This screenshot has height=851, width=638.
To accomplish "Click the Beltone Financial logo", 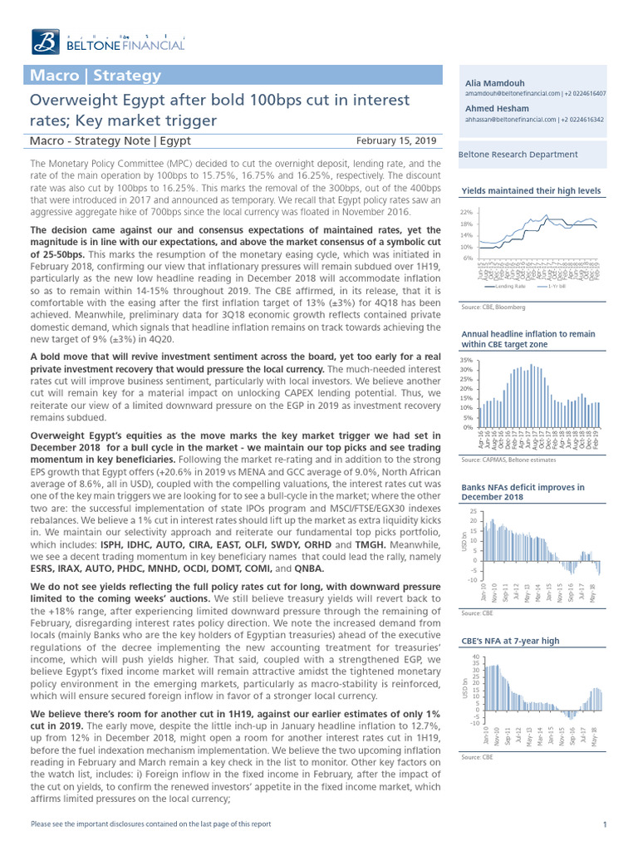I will click(108, 41).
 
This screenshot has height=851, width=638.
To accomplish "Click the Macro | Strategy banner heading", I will click(96, 76).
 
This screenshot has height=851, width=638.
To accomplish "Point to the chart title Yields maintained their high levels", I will click(530, 191).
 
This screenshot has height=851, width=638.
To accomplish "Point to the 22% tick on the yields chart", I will click(466, 213).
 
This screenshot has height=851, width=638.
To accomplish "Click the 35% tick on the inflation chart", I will click(466, 360).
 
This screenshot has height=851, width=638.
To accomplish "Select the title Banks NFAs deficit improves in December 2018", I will click(521, 492).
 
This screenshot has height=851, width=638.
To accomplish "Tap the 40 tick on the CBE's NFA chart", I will click(474, 657).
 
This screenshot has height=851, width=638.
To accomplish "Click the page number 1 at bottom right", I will click(605, 824).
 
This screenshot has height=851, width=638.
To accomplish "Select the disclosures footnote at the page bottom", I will click(150, 824).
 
